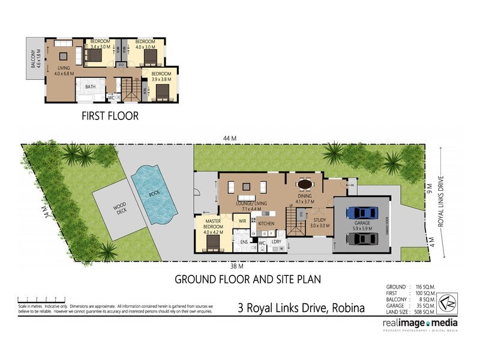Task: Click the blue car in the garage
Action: tap(362, 213)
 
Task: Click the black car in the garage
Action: tap(362, 238)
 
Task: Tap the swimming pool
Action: tap(154, 193)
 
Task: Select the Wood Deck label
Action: tap(119, 209)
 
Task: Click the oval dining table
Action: tap(305, 184)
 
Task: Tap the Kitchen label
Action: tap(266, 224)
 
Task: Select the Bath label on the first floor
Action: tap(90, 87)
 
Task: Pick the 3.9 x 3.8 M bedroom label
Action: tap(161, 76)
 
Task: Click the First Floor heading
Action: tap(110, 116)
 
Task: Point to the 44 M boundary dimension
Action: tap(229, 139)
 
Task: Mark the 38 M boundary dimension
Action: tap(237, 265)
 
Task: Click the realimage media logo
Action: tap(420, 324)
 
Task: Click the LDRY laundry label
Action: tap(277, 242)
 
